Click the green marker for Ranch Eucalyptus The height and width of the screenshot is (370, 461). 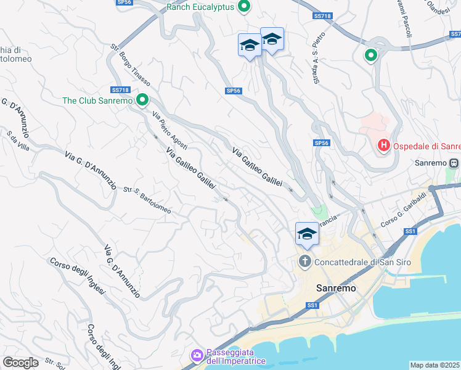tap(244, 7)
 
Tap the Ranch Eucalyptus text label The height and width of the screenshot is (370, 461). tap(201, 8)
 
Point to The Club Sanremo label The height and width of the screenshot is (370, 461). tap(97, 101)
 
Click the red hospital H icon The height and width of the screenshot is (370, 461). tap(383, 146)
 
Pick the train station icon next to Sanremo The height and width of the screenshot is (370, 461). tap(454, 163)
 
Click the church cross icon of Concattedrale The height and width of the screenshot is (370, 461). tap(304, 262)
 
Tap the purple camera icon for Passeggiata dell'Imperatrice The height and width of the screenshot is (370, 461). tap(197, 355)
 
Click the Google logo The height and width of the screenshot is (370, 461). tap(20, 363)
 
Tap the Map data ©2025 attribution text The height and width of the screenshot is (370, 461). tap(435, 365)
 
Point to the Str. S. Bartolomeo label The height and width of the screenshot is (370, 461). tap(147, 201)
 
